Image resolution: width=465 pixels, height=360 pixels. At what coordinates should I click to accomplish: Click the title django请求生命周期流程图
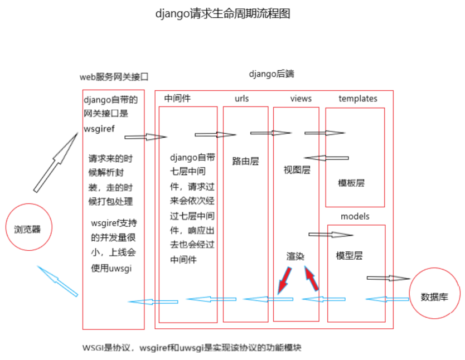point(222,13)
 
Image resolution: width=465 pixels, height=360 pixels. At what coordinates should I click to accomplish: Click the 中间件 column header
point(178,99)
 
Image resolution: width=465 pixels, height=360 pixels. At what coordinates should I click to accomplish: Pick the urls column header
point(242,99)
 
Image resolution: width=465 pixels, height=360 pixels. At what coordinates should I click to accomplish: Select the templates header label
point(358,99)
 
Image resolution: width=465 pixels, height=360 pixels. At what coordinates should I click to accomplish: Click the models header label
point(355,216)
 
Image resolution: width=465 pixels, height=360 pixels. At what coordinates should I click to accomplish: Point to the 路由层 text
point(246,162)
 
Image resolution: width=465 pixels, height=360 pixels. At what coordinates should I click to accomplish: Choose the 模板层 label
point(352,182)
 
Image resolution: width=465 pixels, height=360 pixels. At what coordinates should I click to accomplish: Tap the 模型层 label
point(350,256)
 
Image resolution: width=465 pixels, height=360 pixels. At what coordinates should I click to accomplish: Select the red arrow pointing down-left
point(284,280)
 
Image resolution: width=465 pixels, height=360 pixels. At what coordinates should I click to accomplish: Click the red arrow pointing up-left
point(312,279)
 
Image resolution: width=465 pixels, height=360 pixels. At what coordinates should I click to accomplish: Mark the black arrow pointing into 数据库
point(387,278)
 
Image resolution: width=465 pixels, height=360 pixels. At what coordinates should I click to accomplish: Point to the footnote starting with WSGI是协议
point(192,348)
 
